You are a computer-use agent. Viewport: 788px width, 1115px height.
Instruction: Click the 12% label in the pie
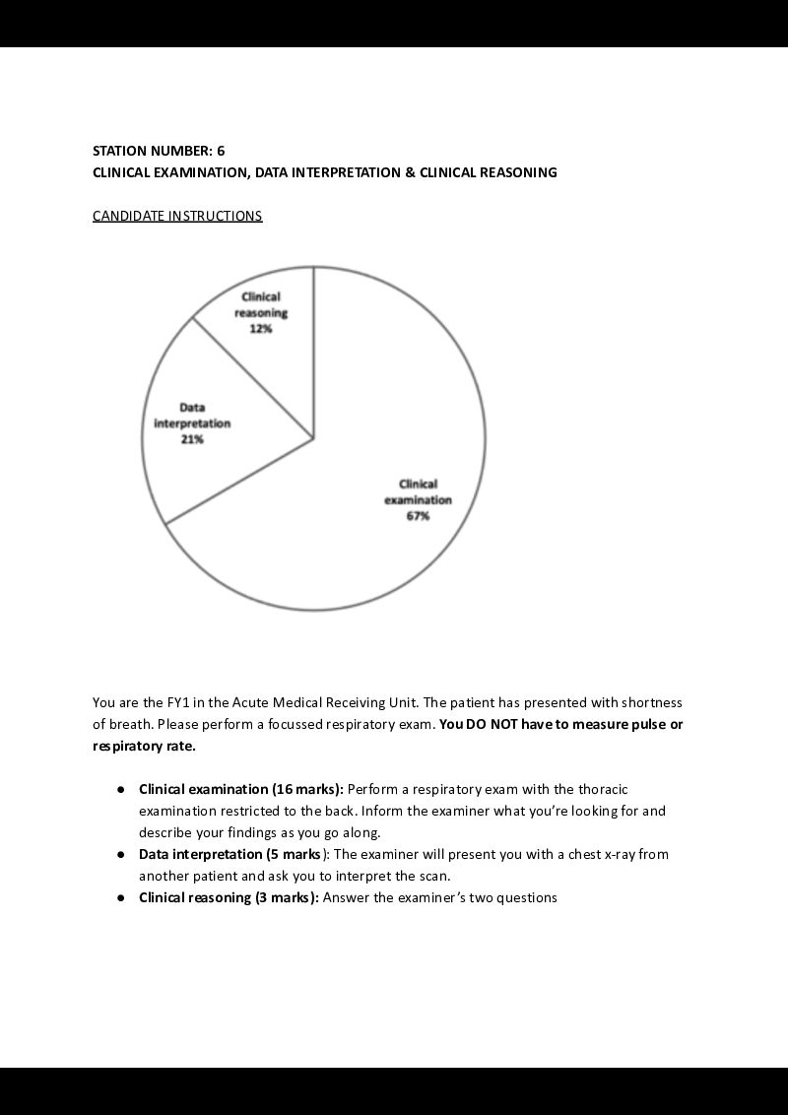[261, 330]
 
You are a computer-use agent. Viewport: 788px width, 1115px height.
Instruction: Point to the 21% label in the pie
[192, 440]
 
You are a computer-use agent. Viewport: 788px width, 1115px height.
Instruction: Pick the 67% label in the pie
[418, 516]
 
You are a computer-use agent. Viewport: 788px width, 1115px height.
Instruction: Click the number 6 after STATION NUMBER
[221, 151]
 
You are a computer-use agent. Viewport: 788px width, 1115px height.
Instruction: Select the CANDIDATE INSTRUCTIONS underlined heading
[177, 216]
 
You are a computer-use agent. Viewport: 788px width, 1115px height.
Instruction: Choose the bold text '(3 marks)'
[284, 897]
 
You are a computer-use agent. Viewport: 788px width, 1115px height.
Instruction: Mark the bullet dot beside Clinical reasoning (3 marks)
[120, 897]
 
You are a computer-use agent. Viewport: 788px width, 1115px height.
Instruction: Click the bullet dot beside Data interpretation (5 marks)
[120, 854]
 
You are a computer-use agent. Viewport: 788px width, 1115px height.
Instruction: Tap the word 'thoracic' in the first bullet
[602, 789]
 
